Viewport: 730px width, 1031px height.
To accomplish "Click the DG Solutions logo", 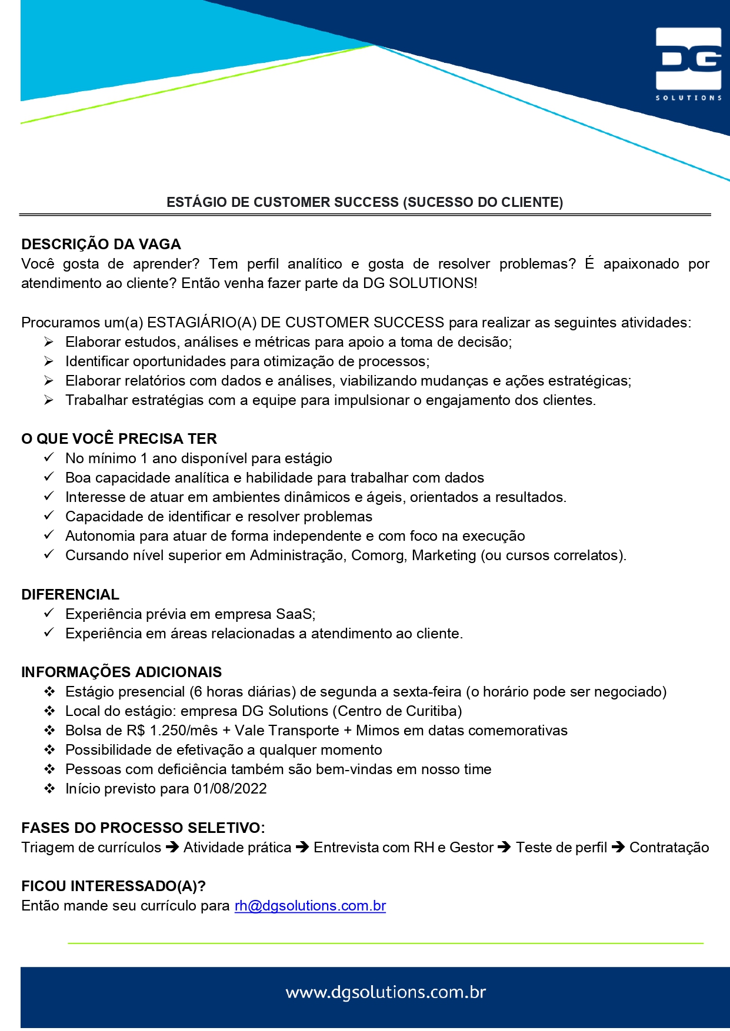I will point(688,63).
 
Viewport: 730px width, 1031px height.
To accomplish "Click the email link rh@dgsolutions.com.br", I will point(310,906).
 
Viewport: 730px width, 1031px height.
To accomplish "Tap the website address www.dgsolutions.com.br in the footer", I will point(386,993).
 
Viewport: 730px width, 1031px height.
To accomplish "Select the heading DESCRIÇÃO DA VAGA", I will point(101,245).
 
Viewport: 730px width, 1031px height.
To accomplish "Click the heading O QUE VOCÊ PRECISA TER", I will point(119,439).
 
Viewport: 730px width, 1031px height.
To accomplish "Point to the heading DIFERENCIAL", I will point(70,595).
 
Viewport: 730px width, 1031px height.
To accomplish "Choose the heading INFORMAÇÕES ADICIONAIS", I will point(121,672).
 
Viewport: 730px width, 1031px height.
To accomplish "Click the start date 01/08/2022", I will point(230,789).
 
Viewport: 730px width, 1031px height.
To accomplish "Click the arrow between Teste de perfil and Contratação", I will point(618,848).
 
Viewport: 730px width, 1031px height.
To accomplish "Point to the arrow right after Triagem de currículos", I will point(172,848).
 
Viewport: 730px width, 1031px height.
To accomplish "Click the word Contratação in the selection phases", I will point(669,848).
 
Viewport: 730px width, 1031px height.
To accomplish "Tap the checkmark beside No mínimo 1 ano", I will point(49,457).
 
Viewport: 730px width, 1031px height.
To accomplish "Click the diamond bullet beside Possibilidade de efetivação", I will point(50,750).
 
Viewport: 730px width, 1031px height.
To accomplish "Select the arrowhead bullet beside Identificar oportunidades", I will point(49,361).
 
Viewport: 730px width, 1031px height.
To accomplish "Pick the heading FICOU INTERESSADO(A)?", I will point(114,886).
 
